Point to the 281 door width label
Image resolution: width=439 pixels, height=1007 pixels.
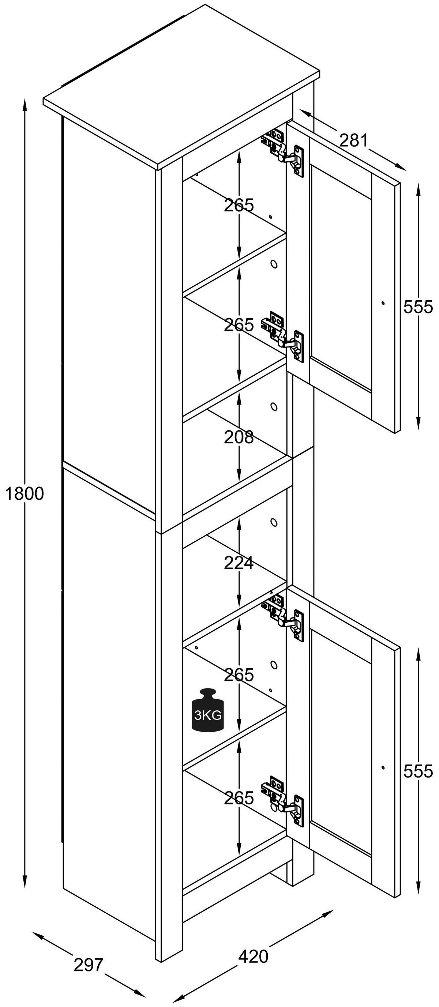[354, 140]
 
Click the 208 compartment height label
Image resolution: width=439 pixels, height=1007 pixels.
[239, 437]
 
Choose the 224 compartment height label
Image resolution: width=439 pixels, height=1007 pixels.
[239, 563]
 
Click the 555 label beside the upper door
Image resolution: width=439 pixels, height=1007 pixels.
[418, 307]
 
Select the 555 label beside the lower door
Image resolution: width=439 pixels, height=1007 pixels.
[418, 771]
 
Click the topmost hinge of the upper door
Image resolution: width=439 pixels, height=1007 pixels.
[284, 151]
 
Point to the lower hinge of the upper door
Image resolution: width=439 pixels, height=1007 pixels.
[284, 337]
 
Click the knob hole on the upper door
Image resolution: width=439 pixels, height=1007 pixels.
[383, 303]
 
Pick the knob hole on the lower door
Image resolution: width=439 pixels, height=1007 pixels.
[383, 767]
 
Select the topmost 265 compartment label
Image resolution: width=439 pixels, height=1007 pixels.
[239, 205]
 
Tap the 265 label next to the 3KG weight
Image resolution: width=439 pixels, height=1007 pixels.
[239, 675]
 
